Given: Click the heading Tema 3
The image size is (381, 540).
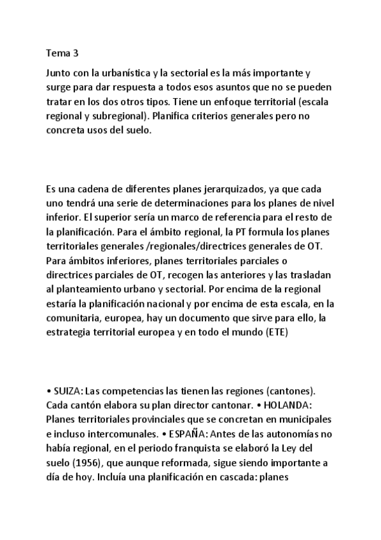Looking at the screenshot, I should pos(62,55).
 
